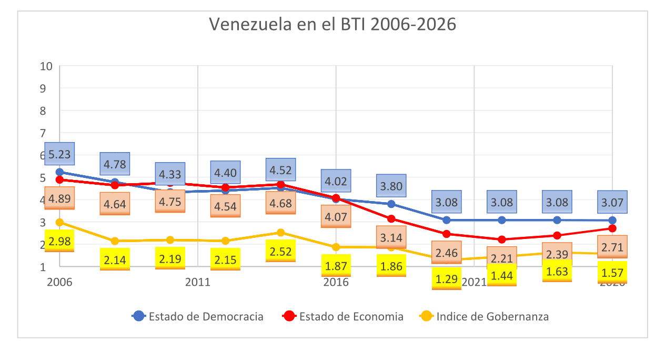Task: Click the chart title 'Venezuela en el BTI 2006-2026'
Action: pos(332,25)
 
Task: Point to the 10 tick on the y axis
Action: pos(46,66)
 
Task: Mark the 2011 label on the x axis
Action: pos(198,282)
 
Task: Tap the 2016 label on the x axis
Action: pos(336,282)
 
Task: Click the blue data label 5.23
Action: pos(59,155)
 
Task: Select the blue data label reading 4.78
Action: pos(115,164)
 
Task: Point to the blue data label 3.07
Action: pos(612,202)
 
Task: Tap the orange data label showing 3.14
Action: pos(391,237)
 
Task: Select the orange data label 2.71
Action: pos(612,247)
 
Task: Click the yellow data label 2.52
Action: pos(280,251)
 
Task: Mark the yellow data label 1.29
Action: pos(446,278)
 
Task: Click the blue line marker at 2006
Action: pos(60,172)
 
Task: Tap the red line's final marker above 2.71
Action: pos(612,228)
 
